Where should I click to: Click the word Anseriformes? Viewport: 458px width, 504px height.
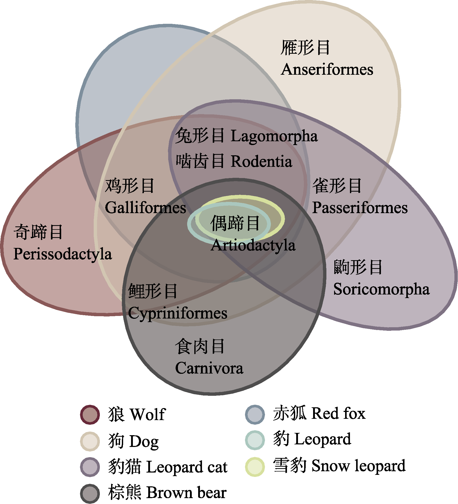pos(327,70)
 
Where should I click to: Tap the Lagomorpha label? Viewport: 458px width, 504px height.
pos(274,136)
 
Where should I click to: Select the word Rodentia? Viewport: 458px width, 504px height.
pos(261,161)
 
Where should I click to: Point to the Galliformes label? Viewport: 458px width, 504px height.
pos(145,207)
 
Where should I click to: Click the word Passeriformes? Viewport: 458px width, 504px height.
pos(360,207)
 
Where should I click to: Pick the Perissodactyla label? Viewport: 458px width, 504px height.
pos(62,254)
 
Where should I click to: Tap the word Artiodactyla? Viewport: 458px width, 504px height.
pos(253,245)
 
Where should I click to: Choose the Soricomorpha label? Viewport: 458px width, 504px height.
pos(381,289)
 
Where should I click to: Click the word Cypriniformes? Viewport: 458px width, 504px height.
pos(177,313)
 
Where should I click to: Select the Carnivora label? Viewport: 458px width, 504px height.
pos(209,368)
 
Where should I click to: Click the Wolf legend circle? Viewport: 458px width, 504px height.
pos(90,415)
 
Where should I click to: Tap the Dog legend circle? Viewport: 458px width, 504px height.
pos(90,441)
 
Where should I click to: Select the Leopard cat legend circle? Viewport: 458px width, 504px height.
pos(90,467)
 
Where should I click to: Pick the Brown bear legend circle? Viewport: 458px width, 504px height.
pos(90,494)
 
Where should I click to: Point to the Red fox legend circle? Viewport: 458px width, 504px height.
pos(255,414)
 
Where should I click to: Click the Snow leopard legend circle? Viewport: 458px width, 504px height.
pos(255,467)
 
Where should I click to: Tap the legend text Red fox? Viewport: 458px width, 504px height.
pos(338,413)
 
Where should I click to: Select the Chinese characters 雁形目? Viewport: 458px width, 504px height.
pos(305,48)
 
